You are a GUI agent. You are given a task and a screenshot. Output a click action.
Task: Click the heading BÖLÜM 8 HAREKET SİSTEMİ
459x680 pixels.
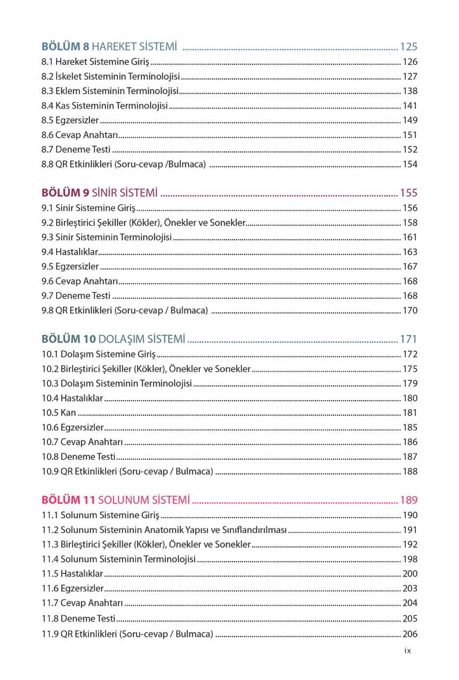click(109, 46)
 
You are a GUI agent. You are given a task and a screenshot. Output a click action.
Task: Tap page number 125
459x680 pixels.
click(408, 46)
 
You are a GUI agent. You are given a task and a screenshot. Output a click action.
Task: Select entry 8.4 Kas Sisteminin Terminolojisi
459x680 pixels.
click(105, 106)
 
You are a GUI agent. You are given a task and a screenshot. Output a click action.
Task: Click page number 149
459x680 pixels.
click(410, 120)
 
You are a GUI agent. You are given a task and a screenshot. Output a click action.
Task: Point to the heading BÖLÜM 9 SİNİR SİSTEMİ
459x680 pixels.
click(99, 192)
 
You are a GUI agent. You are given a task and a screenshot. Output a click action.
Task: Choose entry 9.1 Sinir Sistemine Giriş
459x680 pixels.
click(89, 208)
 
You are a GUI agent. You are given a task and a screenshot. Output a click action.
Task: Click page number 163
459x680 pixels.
click(410, 252)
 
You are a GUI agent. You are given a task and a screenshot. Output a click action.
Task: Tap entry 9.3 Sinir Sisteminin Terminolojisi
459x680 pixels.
click(107, 237)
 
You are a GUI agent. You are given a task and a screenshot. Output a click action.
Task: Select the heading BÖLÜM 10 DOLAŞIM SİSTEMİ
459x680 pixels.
click(113, 339)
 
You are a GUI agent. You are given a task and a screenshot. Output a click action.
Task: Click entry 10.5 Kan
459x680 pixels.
click(59, 413)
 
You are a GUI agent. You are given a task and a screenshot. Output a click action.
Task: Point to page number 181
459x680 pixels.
click(410, 413)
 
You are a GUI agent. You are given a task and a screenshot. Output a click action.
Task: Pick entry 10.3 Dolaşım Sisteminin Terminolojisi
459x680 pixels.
click(117, 384)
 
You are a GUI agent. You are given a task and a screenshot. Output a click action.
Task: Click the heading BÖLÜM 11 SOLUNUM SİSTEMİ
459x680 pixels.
click(115, 500)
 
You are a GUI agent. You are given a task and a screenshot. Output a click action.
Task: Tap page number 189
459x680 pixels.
click(408, 500)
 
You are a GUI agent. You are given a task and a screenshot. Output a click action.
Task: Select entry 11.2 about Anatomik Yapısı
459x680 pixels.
click(164, 530)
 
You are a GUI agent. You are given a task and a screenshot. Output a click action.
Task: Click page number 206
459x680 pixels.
click(410, 634)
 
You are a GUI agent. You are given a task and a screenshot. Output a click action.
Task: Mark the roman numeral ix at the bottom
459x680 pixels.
click(407, 650)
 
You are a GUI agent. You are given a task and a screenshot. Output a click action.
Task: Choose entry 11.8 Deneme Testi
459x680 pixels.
click(79, 618)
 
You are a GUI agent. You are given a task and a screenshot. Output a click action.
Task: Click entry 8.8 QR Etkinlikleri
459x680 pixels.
click(124, 164)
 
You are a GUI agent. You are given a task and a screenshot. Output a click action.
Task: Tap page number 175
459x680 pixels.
click(410, 369)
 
